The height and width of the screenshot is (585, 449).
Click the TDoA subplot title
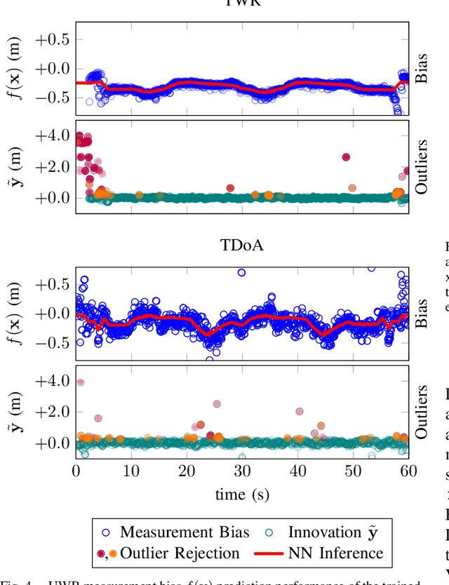pos(242,245)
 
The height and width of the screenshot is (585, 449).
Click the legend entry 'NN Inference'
pos(335,553)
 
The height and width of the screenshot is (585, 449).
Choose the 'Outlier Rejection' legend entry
pos(180,553)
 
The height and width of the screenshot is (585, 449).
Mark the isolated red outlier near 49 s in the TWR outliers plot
pos(346,157)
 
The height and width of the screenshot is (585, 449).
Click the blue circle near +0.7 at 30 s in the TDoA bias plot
pos(241,272)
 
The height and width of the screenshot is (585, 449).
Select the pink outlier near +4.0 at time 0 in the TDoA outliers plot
pos(80,382)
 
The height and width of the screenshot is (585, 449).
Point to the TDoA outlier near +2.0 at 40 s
pos(300,412)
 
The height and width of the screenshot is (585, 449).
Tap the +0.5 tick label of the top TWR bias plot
pos(53,39)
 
